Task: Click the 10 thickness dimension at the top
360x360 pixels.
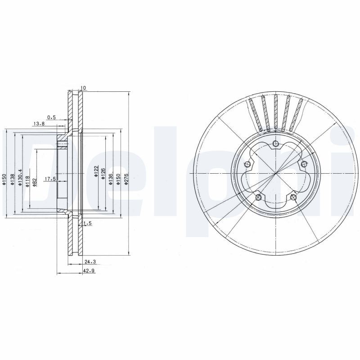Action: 83,88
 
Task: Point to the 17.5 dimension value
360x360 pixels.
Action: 49,179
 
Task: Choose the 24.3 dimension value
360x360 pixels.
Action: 88,261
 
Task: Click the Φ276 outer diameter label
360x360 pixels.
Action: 126,177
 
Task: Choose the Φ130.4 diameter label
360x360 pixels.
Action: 20,180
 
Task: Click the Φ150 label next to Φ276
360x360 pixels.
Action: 118,177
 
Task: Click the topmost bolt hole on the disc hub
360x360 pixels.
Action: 275,144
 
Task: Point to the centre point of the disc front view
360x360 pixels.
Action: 275,173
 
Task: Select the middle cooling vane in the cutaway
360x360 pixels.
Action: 275,112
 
